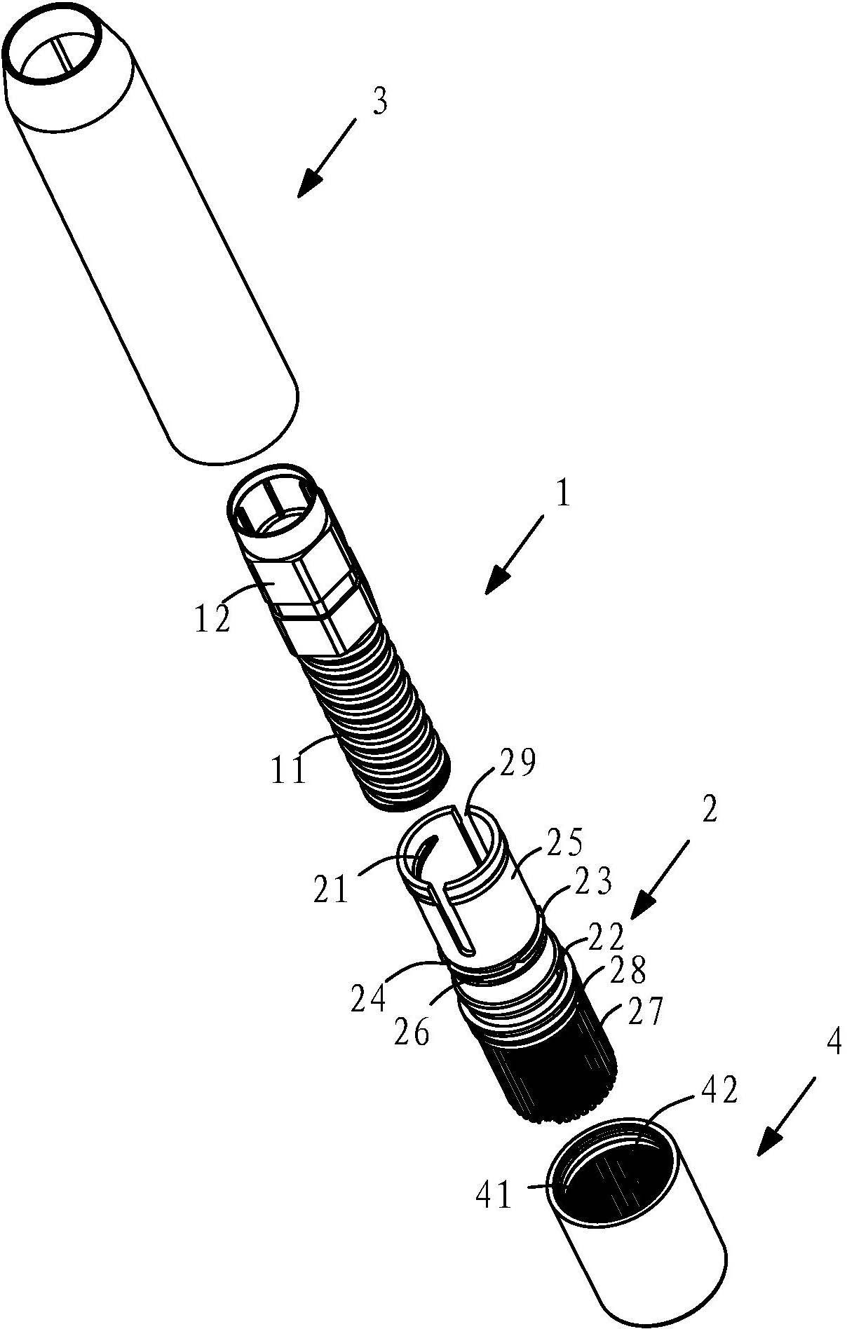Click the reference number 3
tap(379, 103)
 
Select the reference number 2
tap(710, 811)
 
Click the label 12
tap(212, 619)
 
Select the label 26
tap(412, 1032)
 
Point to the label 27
tap(644, 1013)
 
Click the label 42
tap(719, 1090)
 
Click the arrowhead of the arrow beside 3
tap(309, 186)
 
